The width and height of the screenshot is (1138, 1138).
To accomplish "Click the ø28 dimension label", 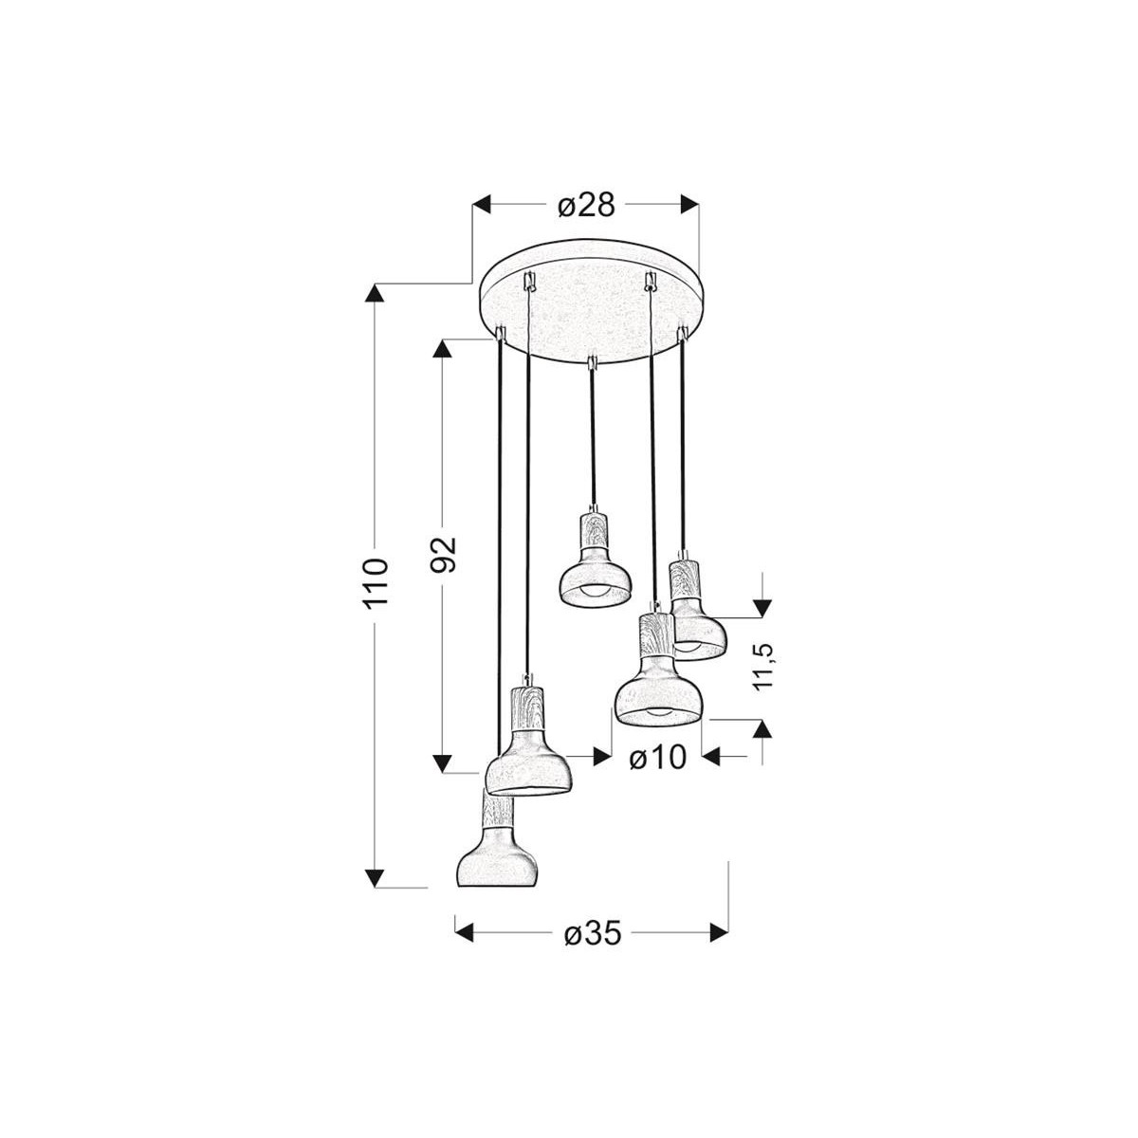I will [587, 205].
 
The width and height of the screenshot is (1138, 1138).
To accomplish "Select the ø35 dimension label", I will [592, 934].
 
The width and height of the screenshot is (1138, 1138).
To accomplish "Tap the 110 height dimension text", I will [376, 583].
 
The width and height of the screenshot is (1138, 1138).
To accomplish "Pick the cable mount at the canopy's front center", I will [591, 362].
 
